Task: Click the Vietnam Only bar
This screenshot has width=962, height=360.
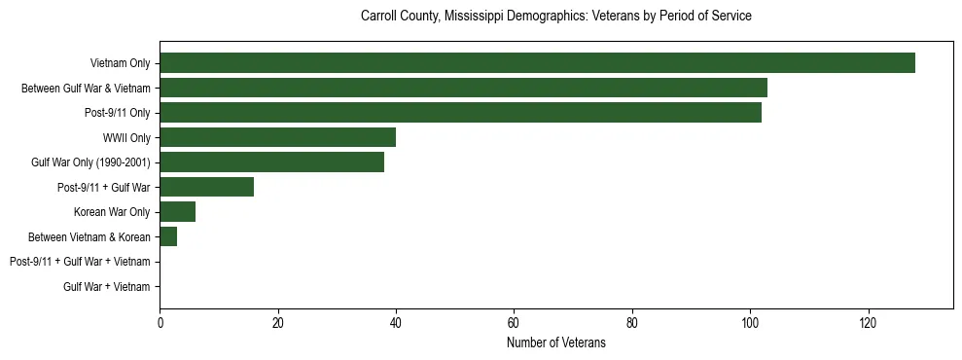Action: click(x=537, y=63)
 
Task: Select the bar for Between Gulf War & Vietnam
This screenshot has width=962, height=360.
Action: click(x=463, y=88)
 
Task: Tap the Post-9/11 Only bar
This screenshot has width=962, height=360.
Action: click(x=460, y=113)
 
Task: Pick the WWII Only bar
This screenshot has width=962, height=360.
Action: click(x=277, y=137)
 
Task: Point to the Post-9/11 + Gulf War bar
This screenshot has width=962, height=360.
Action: click(x=206, y=187)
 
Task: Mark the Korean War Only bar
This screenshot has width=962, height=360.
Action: click(x=177, y=212)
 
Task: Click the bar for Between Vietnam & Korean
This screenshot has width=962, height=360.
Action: click(x=168, y=236)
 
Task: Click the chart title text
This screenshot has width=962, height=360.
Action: click(x=555, y=17)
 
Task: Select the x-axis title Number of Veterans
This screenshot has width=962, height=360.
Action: click(x=555, y=342)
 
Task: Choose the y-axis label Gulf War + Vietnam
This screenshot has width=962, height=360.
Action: click(x=107, y=287)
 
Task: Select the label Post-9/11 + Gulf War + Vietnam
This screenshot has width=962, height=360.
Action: click(x=80, y=262)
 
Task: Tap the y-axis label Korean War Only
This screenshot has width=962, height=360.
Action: click(x=112, y=212)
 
